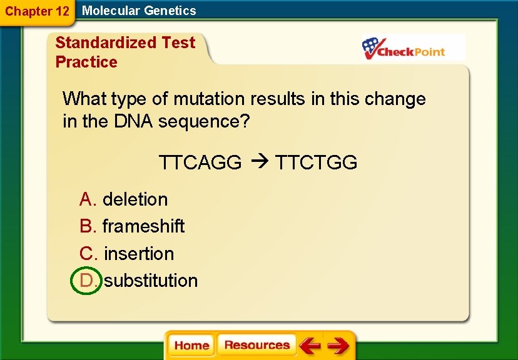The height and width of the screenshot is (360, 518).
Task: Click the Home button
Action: tap(191, 346)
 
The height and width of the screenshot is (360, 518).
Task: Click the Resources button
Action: tap(256, 345)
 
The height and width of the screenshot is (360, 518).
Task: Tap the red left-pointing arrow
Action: tap(310, 345)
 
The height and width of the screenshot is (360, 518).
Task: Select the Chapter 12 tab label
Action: tap(37, 11)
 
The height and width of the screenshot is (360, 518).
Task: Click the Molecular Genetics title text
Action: tap(139, 11)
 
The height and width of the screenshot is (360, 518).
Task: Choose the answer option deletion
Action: tap(135, 199)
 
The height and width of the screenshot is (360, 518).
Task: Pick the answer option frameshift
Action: tap(143, 226)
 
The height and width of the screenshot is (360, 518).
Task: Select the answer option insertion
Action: tap(139, 254)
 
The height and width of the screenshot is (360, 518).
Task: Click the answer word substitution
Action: tap(151, 281)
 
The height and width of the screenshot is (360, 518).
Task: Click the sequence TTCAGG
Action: tap(200, 163)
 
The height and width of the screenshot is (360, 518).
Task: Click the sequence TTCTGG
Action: tap(317, 163)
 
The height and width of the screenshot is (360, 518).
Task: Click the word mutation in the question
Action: tap(209, 99)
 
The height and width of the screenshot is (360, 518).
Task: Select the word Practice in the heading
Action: tap(86, 62)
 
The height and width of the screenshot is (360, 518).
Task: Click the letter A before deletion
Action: tap(87, 199)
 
